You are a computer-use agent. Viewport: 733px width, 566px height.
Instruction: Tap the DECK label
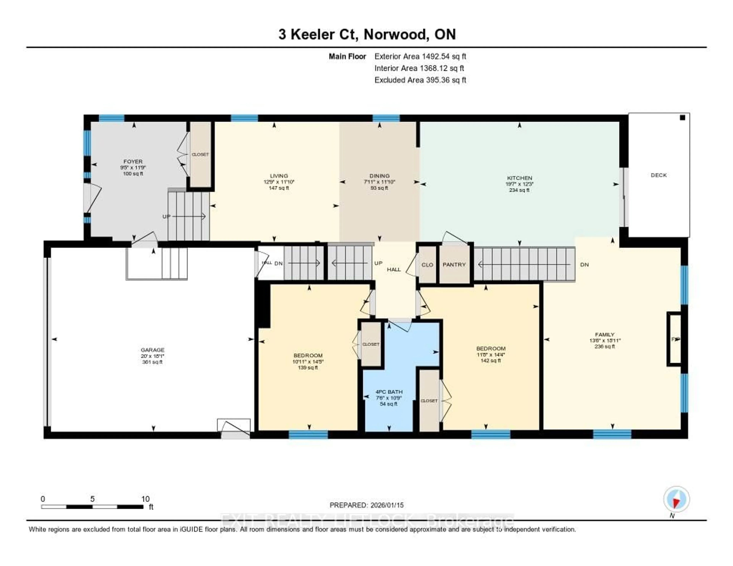[x=659, y=175]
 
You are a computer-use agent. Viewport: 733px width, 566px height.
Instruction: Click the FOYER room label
[x=133, y=162]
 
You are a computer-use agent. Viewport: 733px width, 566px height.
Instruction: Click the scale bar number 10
[x=145, y=499]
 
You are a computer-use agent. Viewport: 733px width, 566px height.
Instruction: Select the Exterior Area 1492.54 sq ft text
[x=420, y=56]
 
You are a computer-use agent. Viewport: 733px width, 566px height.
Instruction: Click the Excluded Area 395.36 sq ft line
[x=420, y=80]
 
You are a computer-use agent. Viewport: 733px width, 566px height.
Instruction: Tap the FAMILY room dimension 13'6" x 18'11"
[x=605, y=340]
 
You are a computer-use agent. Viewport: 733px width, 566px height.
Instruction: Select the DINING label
[x=380, y=176]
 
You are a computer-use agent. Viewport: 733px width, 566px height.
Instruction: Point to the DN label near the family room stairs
[x=584, y=265]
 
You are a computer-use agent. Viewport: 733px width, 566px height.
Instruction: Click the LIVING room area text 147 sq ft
[x=279, y=188]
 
